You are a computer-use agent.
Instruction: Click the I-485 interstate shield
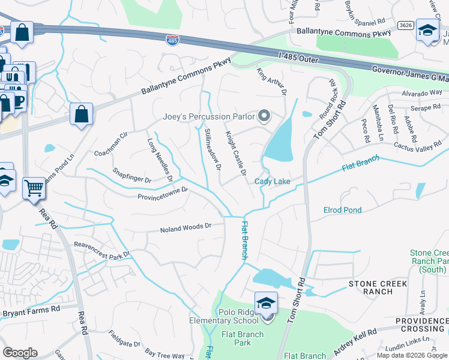(x=173, y=40)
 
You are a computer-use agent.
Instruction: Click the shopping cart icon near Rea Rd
(x=34, y=188)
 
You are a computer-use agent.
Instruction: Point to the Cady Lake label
(x=273, y=181)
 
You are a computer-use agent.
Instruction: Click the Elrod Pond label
(x=342, y=210)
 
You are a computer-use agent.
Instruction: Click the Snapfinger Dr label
(x=131, y=175)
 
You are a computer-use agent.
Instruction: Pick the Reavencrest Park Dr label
(x=101, y=250)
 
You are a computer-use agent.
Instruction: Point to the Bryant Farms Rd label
(x=31, y=311)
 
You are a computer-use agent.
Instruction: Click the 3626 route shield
(x=405, y=25)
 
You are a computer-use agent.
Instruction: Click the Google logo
(x=20, y=352)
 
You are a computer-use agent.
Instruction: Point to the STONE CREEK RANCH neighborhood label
(x=378, y=288)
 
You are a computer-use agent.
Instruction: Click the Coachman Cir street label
(x=112, y=145)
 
